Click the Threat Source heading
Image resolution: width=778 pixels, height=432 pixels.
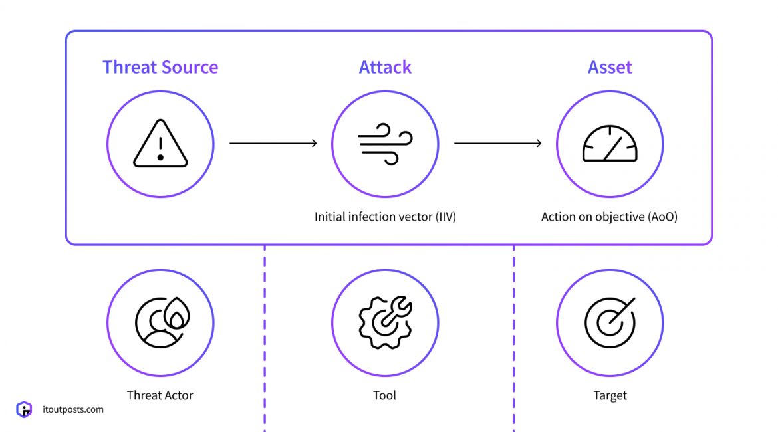pyautogui.click(x=160, y=67)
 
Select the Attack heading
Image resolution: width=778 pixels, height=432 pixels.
pyautogui.click(x=385, y=67)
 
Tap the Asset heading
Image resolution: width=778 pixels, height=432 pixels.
pyautogui.click(x=610, y=67)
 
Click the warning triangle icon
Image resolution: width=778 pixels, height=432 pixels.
pyautogui.click(x=160, y=144)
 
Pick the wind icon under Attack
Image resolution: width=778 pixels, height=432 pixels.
pyautogui.click(x=385, y=144)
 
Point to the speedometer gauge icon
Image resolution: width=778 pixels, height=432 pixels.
pyautogui.click(x=610, y=144)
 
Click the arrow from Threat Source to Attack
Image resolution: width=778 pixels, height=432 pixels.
pyautogui.click(x=273, y=143)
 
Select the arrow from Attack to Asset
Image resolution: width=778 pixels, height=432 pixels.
pyautogui.click(x=497, y=143)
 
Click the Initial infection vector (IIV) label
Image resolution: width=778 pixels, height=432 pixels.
pyautogui.click(x=385, y=217)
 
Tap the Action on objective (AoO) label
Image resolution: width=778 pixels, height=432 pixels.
pyautogui.click(x=609, y=217)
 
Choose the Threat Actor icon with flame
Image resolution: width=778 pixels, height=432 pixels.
pyautogui.click(x=161, y=322)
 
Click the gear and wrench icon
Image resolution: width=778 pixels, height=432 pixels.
pyautogui.click(x=385, y=322)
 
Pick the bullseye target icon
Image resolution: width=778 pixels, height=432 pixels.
pyautogui.click(x=610, y=322)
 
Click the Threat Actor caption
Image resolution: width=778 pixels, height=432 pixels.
pyautogui.click(x=160, y=395)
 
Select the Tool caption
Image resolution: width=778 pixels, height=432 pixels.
pyautogui.click(x=384, y=395)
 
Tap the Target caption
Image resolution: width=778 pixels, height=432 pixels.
pyautogui.click(x=610, y=395)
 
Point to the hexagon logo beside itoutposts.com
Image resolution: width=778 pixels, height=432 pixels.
pyautogui.click(x=24, y=409)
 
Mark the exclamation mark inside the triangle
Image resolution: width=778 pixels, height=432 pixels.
pyautogui.click(x=160, y=147)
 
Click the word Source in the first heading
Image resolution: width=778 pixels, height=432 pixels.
pyautogui.click(x=190, y=67)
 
